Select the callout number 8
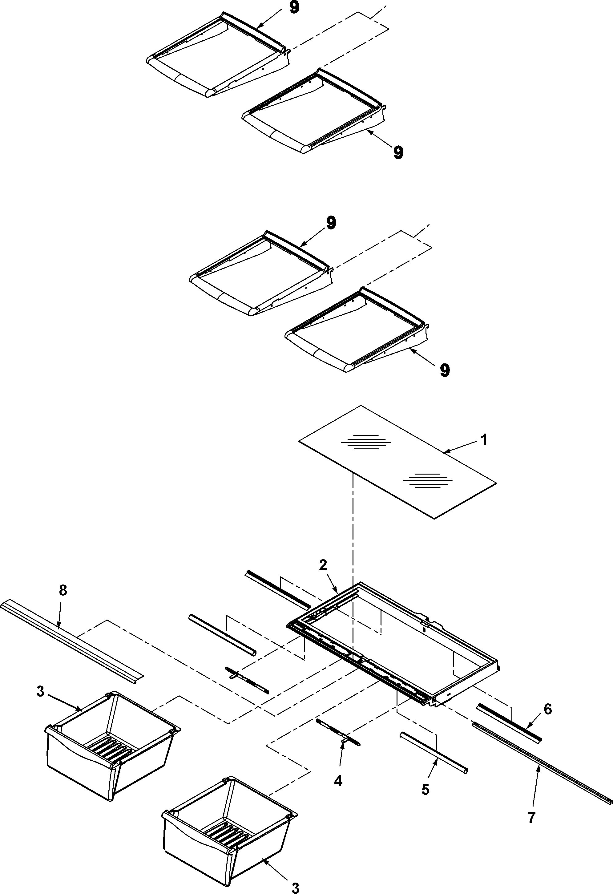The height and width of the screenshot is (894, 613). coord(63,590)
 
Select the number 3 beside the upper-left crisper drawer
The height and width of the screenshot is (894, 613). coord(40,691)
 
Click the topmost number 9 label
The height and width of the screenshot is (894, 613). coord(294,8)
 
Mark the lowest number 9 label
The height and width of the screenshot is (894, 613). coord(445,370)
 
